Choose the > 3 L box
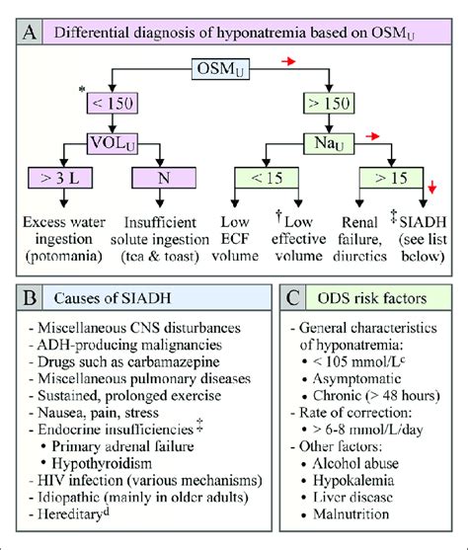coord(61,179)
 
